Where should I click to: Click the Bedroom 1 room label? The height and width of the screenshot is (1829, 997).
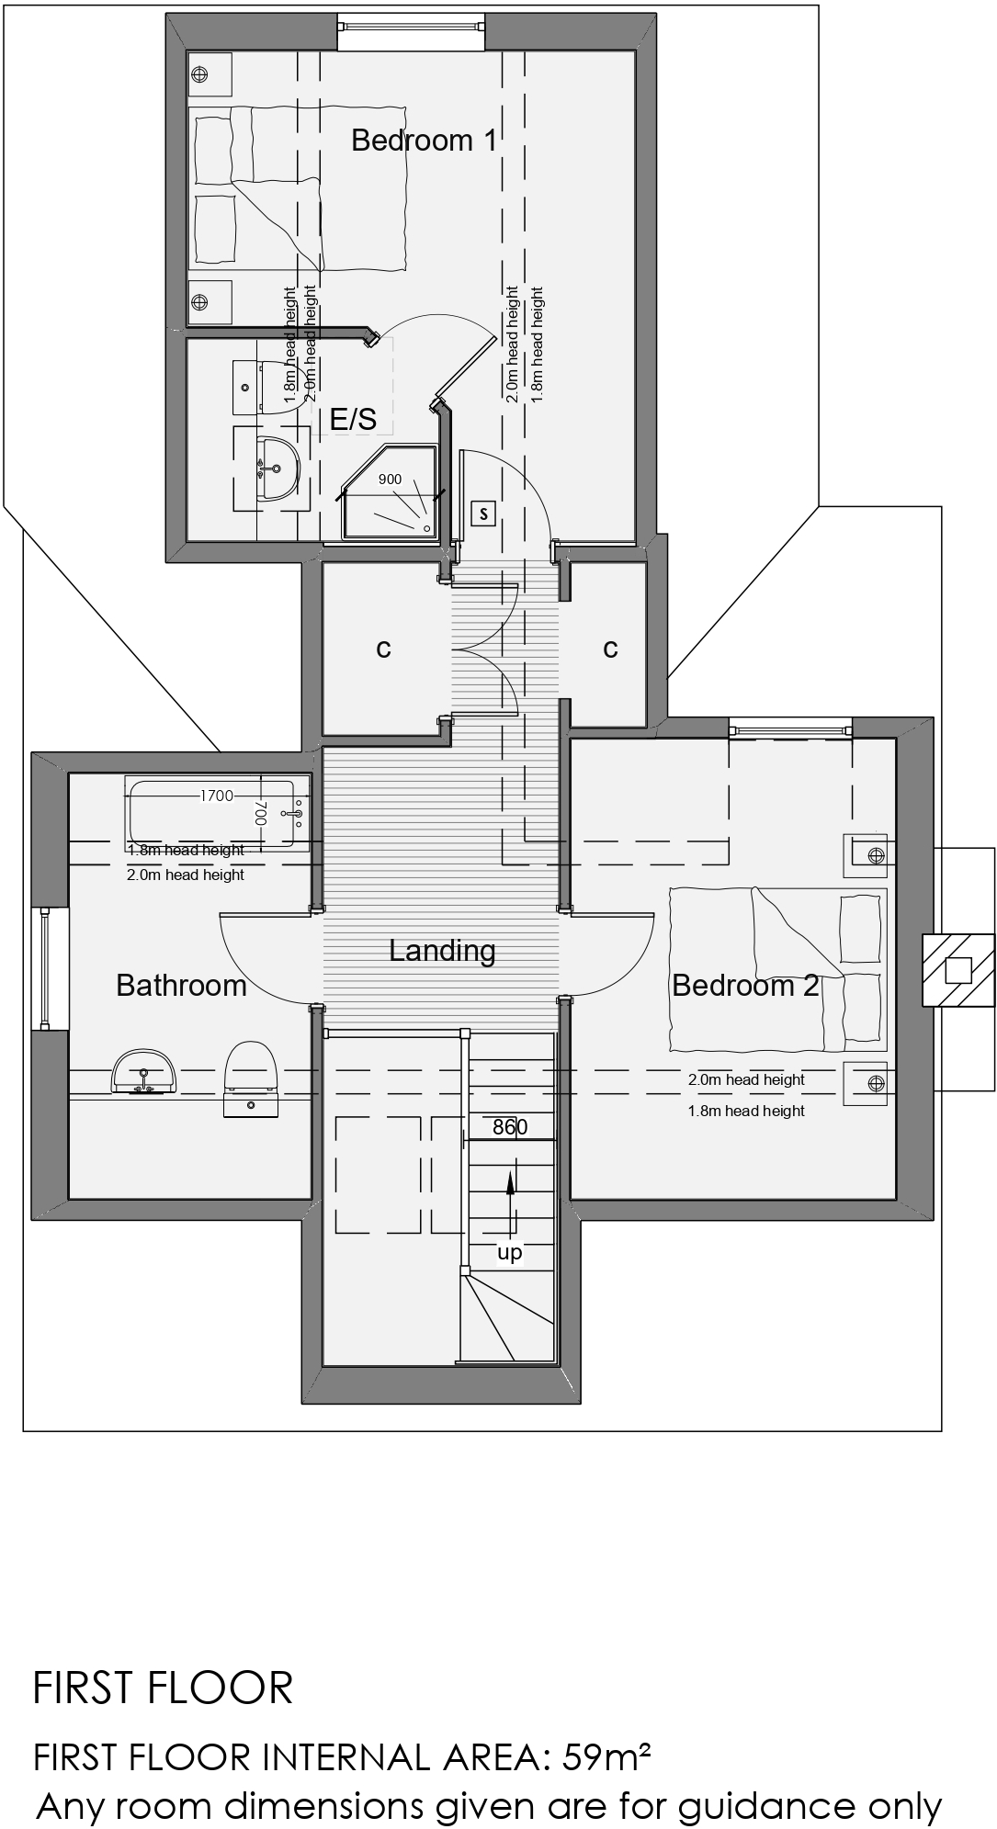(x=424, y=141)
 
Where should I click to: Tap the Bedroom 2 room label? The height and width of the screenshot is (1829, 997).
(x=745, y=986)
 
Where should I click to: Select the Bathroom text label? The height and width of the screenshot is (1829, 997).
(x=181, y=986)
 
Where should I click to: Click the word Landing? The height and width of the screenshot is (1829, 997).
(x=442, y=951)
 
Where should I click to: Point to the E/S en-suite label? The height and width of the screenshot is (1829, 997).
(x=354, y=420)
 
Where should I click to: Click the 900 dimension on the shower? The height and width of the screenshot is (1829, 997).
(x=390, y=480)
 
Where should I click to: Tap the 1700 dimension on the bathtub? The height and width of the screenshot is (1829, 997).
(x=217, y=796)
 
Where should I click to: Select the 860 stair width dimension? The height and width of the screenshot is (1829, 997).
(x=510, y=1127)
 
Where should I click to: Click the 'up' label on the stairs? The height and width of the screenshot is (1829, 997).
(x=509, y=1253)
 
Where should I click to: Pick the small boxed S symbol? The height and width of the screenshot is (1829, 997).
(x=483, y=514)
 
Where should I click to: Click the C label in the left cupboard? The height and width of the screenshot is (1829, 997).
(x=383, y=649)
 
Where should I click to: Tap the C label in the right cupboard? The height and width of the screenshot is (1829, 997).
(x=610, y=649)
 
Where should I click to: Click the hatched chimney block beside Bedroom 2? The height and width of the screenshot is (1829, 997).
(x=958, y=970)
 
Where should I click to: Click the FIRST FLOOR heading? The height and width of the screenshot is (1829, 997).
(x=163, y=1688)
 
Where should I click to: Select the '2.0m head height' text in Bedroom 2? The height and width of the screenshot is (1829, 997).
(x=746, y=1080)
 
